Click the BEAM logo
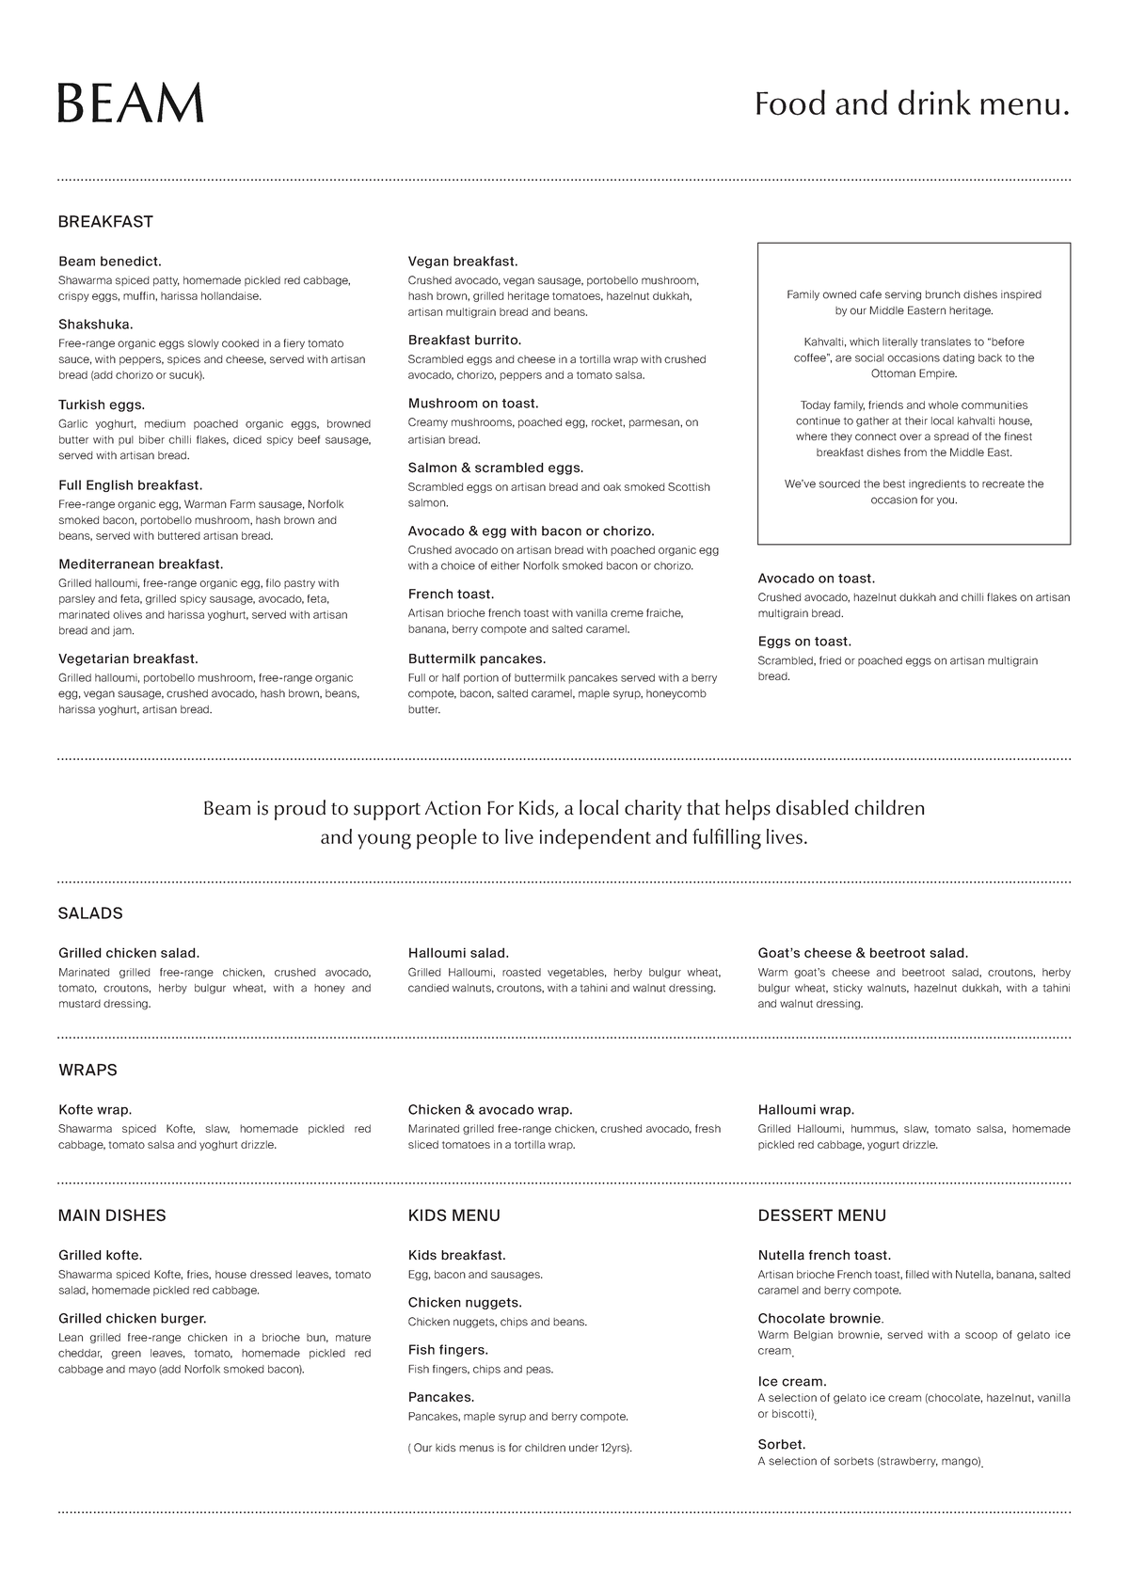131,103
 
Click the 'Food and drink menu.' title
912,103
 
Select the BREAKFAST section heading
105,222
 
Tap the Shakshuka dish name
96,325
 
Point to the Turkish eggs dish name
102,405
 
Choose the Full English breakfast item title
131,485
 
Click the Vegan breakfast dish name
463,262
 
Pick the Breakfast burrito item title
465,340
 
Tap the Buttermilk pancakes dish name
477,659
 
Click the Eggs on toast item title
804,642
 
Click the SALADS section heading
90,913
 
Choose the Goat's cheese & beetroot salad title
863,953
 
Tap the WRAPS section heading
87,1070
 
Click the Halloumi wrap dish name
806,1110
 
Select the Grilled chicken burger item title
133,1318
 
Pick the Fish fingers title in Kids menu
448,1350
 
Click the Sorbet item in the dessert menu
782,1444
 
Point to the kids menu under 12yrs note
520,1448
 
